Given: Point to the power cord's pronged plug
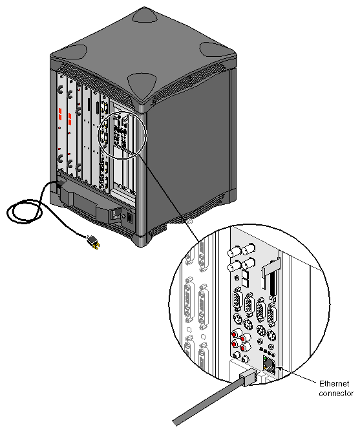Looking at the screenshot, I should point(94,244).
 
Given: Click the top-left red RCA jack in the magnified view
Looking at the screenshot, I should point(233,335).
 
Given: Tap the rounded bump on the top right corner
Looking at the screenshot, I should point(214,50).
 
